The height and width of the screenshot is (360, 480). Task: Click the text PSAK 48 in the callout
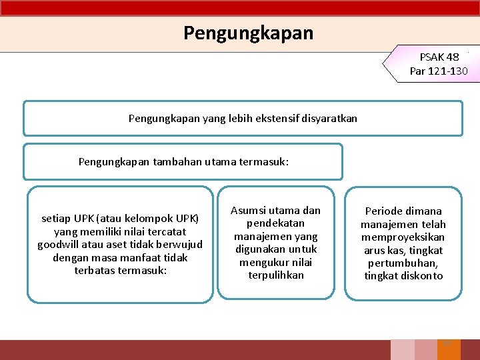click(439, 57)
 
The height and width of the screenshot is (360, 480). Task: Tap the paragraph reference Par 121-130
click(439, 71)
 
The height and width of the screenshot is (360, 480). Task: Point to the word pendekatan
click(275, 223)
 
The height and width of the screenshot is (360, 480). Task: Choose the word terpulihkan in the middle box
click(275, 275)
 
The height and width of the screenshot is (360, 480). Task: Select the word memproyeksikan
click(403, 237)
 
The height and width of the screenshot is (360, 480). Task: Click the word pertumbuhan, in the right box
click(403, 263)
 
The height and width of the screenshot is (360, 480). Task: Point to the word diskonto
click(421, 275)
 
